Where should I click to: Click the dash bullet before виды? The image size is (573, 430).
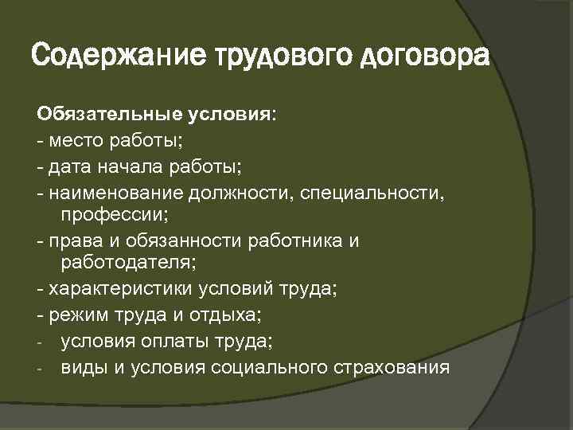click(39, 369)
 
